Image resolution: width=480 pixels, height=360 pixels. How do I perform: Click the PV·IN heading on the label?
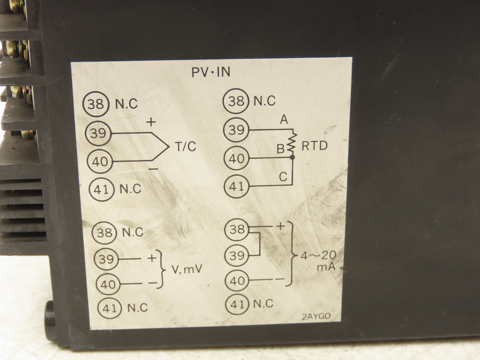coord(211,72)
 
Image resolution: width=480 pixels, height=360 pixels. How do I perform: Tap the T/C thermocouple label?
coord(185,146)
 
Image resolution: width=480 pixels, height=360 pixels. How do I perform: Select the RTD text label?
coord(315,145)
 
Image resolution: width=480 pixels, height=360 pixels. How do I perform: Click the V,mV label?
coord(187,269)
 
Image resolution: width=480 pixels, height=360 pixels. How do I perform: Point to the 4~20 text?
coord(319,255)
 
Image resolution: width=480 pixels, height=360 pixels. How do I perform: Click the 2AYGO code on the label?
coord(316,316)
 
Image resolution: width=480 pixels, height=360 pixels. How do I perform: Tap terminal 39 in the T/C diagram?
coord(98,133)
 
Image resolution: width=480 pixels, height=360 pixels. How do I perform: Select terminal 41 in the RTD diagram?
coord(237,186)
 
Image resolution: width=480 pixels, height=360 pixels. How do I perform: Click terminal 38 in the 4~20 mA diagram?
coord(237,229)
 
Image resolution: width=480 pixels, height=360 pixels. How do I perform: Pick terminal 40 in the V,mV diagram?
coord(108,284)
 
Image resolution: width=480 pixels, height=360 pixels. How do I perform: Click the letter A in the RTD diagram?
coord(284,119)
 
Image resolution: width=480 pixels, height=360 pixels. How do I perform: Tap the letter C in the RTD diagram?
coord(283,177)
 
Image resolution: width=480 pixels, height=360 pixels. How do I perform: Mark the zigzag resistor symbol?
coord(292,143)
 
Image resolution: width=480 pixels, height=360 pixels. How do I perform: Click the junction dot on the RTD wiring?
coord(292,157)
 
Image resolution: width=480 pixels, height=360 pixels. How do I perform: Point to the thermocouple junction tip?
coord(169,147)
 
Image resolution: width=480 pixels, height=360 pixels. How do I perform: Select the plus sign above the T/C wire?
coord(151,122)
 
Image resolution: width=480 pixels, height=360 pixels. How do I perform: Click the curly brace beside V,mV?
coord(161,269)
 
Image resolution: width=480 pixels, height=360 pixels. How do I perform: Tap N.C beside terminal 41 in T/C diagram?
coord(130,189)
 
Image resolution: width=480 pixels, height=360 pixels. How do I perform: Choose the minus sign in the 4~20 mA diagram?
coord(280,279)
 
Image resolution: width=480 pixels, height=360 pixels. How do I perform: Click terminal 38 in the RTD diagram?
coord(236,101)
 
